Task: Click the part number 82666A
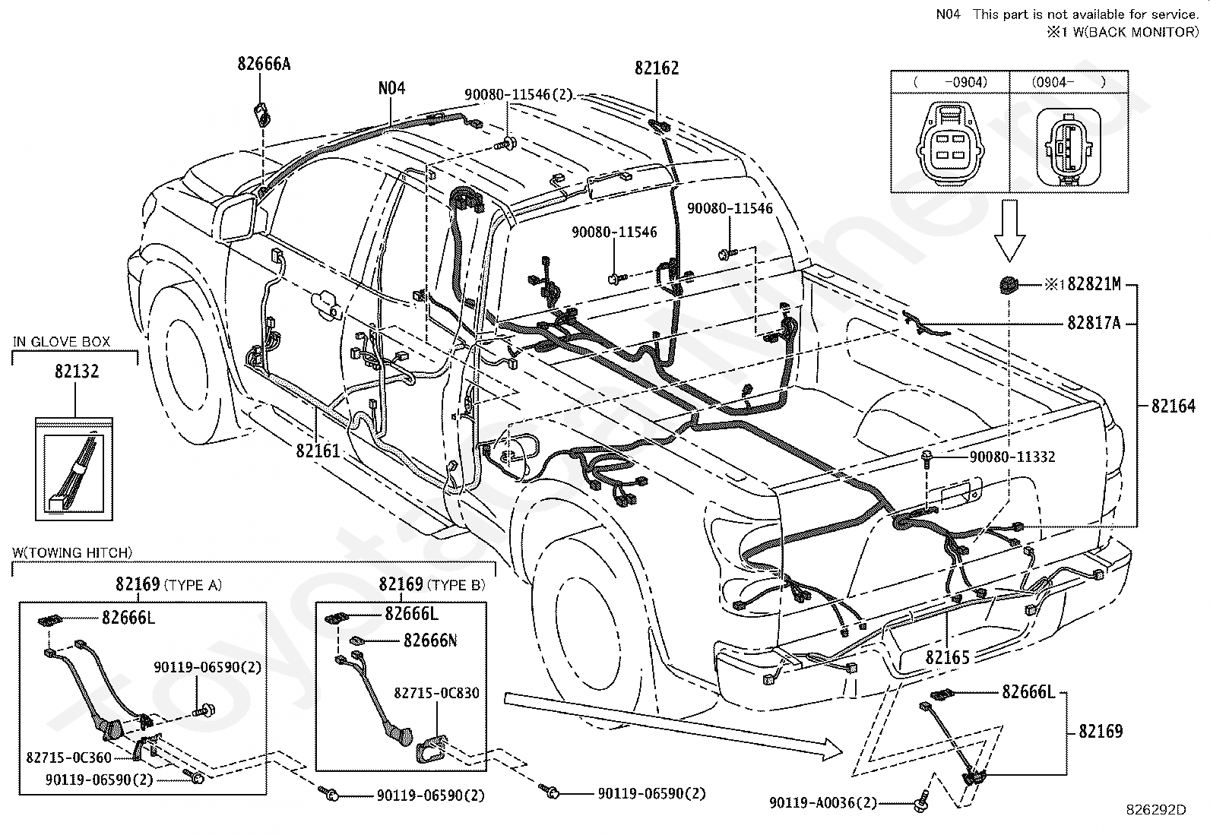click(264, 65)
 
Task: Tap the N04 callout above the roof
click(391, 87)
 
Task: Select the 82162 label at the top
click(657, 68)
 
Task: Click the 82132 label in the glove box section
click(77, 371)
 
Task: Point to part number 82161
click(318, 451)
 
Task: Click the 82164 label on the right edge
click(1174, 406)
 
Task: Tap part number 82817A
click(1094, 323)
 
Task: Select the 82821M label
click(1094, 283)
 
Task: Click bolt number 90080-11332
click(1012, 457)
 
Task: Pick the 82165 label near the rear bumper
click(948, 657)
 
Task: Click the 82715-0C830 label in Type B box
click(436, 693)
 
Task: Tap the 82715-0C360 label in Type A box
click(68, 758)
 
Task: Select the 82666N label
click(430, 640)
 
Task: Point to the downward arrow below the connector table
click(1009, 231)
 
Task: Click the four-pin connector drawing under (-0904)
click(951, 145)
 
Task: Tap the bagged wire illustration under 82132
click(74, 470)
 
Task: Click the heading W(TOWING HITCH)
click(72, 552)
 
